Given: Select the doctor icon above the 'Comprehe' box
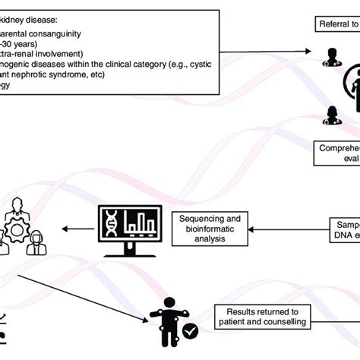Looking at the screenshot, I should (x=332, y=114).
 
